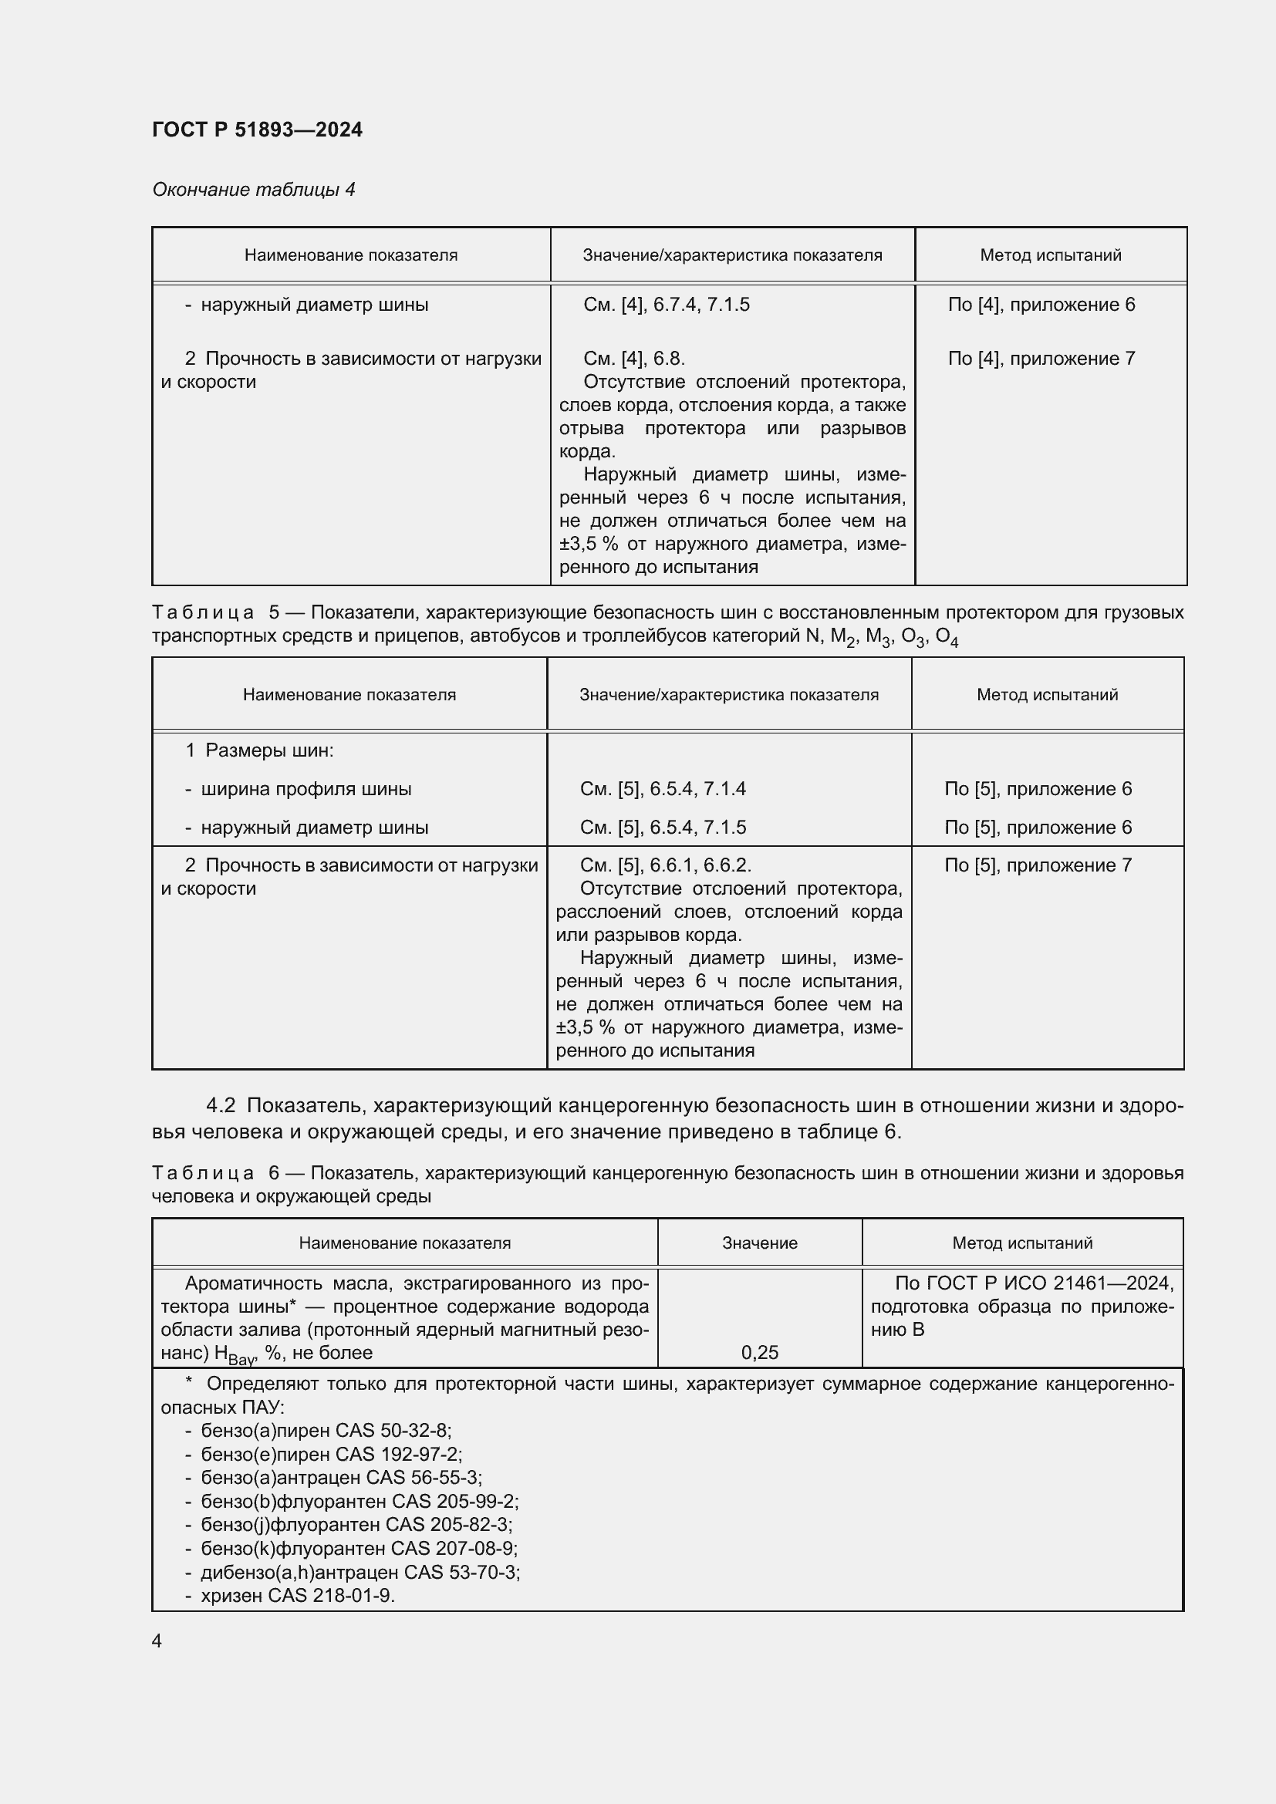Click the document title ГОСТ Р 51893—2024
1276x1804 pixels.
pos(257,130)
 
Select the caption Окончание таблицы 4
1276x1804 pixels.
pos(253,190)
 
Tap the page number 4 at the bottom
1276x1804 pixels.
pos(157,1640)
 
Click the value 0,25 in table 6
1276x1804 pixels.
pos(759,1352)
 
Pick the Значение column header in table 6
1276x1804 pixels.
pos(759,1243)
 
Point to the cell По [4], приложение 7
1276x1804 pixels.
pos(1041,359)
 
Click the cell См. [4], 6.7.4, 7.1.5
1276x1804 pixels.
pos(666,305)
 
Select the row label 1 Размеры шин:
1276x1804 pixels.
pos(259,750)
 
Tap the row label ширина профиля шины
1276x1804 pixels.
pos(305,789)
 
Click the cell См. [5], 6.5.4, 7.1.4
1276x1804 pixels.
pos(663,789)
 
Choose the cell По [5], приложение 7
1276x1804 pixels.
pos(1038,866)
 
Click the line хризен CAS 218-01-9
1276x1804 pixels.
pos(297,1596)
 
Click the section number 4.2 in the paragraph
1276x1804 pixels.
pos(221,1106)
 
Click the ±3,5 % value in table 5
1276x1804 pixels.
pos(586,1027)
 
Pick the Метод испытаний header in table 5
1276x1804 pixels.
pos(1047,695)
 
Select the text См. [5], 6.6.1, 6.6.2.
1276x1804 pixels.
pos(666,866)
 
